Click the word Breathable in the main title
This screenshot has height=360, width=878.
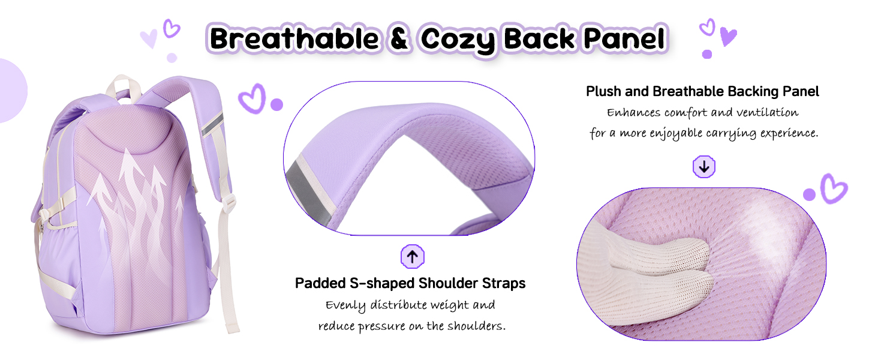click(x=294, y=39)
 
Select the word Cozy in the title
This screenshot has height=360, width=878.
click(x=458, y=41)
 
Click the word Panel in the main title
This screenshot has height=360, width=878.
click(x=625, y=39)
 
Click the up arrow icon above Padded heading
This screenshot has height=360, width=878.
click(x=413, y=256)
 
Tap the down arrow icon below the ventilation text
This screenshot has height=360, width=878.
click(x=704, y=167)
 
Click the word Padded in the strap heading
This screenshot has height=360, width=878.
click(x=320, y=283)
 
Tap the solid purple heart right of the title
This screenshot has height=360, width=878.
click(x=728, y=37)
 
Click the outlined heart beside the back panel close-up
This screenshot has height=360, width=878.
click(x=834, y=188)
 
